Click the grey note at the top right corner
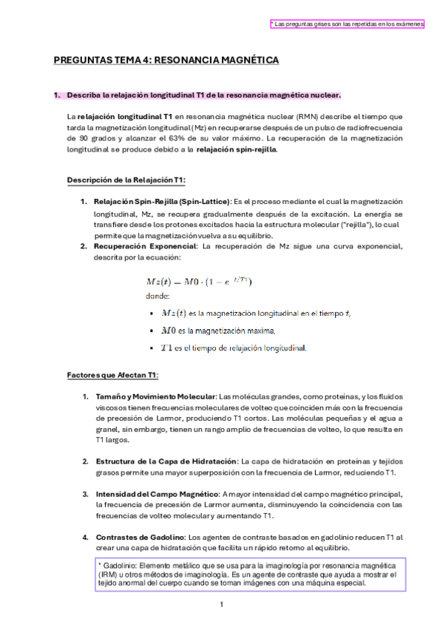(x=347, y=24)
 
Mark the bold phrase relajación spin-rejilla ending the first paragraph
(x=237, y=149)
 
